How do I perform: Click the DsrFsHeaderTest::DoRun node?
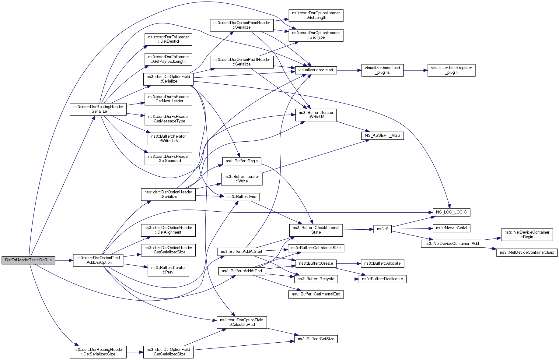[28, 260]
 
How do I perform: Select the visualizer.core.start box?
[316, 70]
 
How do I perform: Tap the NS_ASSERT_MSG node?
[383, 136]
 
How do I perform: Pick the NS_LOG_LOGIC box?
[451, 212]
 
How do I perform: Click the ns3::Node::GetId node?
[451, 228]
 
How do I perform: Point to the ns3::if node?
[383, 229]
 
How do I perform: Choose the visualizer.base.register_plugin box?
[451, 70]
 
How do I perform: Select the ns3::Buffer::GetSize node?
[316, 339]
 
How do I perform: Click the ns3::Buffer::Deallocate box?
[383, 279]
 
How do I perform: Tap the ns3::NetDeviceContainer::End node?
[527, 252]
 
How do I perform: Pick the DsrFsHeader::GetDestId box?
[168, 39]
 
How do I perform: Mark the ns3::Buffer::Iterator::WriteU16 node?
[168, 139]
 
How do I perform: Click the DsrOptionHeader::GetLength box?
[316, 16]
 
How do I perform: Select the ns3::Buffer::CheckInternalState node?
[316, 230]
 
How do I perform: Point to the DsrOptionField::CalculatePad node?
[242, 323]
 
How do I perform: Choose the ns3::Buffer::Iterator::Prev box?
[168, 270]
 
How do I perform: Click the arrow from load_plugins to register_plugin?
[415, 70]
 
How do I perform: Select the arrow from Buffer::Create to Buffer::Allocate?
[348, 263]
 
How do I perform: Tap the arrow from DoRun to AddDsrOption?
[64, 260]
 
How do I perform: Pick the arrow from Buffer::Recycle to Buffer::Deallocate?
[348, 279]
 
